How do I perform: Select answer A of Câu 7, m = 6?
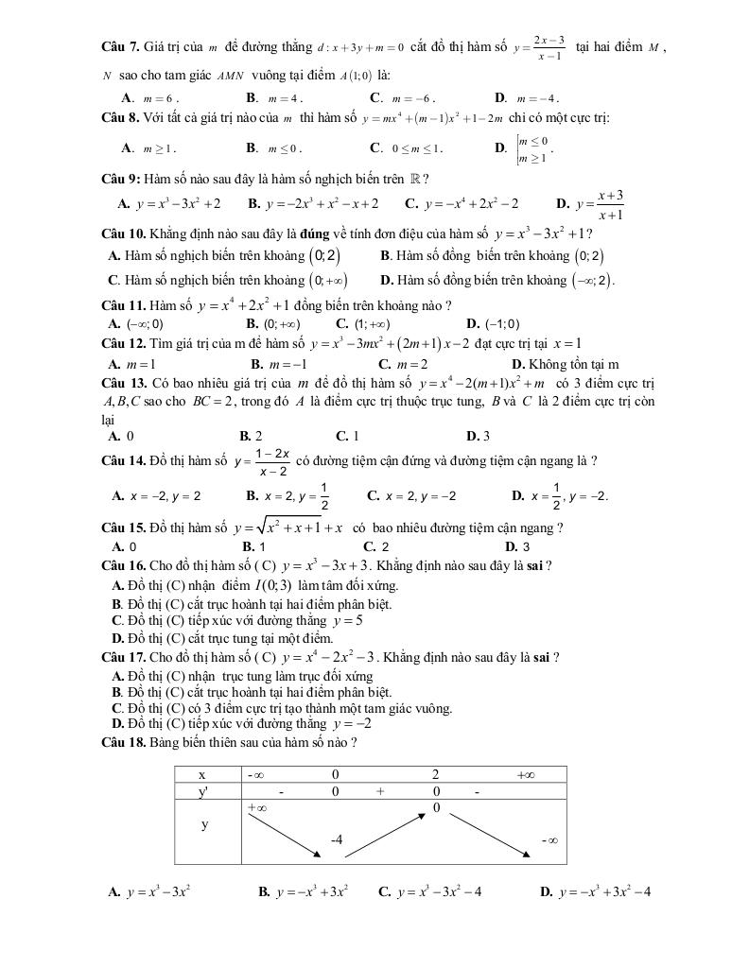pos(156,97)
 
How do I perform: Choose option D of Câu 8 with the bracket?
pos(531,147)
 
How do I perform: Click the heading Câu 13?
pos(123,383)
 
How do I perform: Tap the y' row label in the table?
pos(201,791)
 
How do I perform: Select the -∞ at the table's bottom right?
pos(549,839)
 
